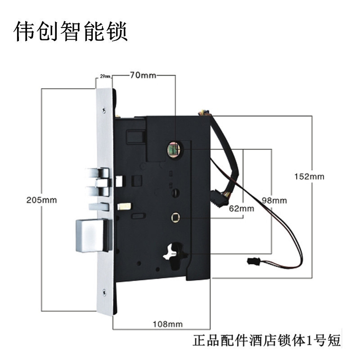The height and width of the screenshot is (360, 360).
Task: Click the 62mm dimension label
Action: click(241, 208)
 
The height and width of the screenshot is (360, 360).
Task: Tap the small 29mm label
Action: click(105, 77)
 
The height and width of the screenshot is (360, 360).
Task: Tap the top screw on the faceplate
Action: click(104, 109)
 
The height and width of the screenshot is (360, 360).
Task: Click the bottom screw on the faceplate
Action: click(104, 292)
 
